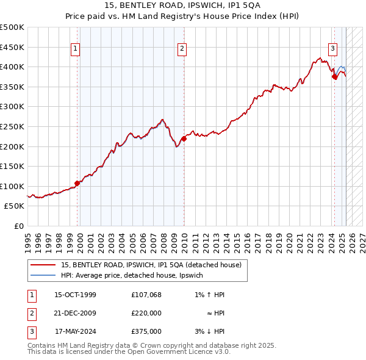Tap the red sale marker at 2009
[184, 139]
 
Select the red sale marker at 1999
[77, 183]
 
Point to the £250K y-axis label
[12, 126]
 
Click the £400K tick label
[12, 67]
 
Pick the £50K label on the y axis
[15, 206]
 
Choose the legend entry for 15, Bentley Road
[151, 265]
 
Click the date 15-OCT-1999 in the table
[75, 295]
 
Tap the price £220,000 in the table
[146, 313]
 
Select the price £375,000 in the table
[146, 331]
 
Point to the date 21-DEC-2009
[75, 313]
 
